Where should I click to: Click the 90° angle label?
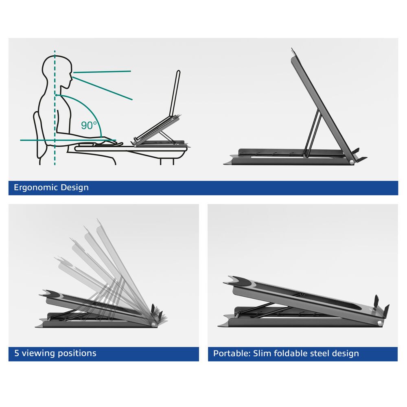pyautogui.click(x=89, y=125)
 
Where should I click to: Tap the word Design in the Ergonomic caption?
pyautogui.click(x=74, y=188)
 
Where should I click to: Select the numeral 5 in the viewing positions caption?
pyautogui.click(x=17, y=353)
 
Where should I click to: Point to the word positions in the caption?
pyautogui.click(x=76, y=353)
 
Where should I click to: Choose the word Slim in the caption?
pyautogui.click(x=261, y=353)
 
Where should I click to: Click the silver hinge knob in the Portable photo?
pyautogui.click(x=379, y=323)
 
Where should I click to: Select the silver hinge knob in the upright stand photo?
pyautogui.click(x=351, y=162)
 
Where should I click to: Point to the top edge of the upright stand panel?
pyautogui.click(x=293, y=51)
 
